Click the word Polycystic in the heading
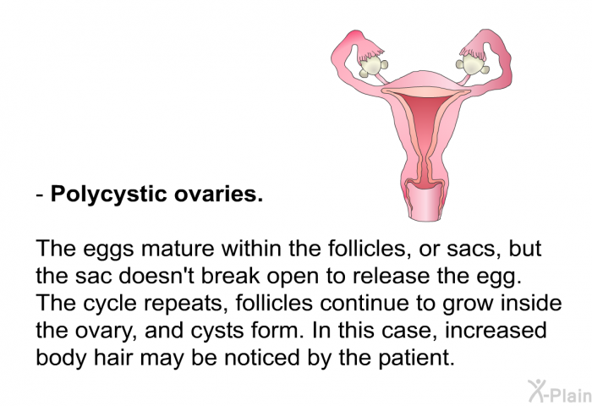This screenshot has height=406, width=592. [109, 195]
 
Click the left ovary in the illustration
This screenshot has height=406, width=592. [372, 66]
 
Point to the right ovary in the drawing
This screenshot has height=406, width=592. [472, 64]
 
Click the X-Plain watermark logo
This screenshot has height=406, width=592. [560, 392]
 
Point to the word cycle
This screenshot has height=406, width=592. [109, 304]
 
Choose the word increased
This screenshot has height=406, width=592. [496, 331]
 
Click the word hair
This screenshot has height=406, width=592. [112, 358]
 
